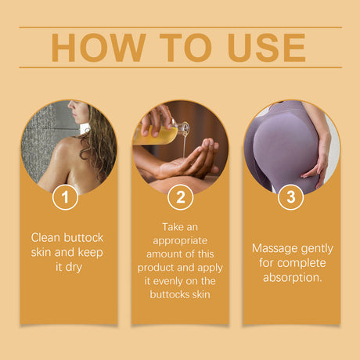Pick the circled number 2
click(x=180, y=197)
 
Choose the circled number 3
click(x=291, y=197)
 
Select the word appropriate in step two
click(x=180, y=239)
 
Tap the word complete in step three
click(x=301, y=262)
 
